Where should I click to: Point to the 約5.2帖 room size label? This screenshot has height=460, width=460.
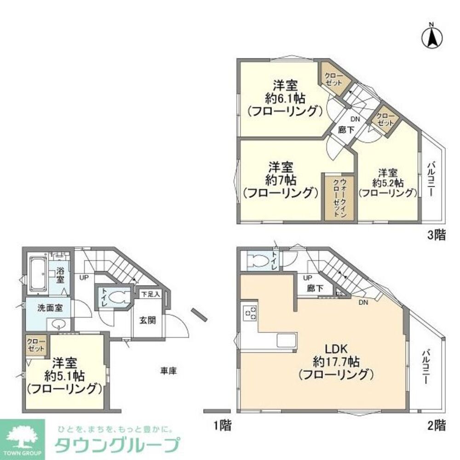pos(387,183)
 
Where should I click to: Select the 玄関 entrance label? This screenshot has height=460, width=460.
pos(148,320)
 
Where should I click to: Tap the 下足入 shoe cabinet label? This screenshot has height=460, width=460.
pos(150,293)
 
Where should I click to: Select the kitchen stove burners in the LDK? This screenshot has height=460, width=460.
pos(250,312)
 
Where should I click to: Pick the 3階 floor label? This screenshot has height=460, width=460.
pos(437,236)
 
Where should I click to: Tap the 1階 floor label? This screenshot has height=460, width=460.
pos(222,425)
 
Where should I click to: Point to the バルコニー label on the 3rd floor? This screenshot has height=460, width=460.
pos(432,179)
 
